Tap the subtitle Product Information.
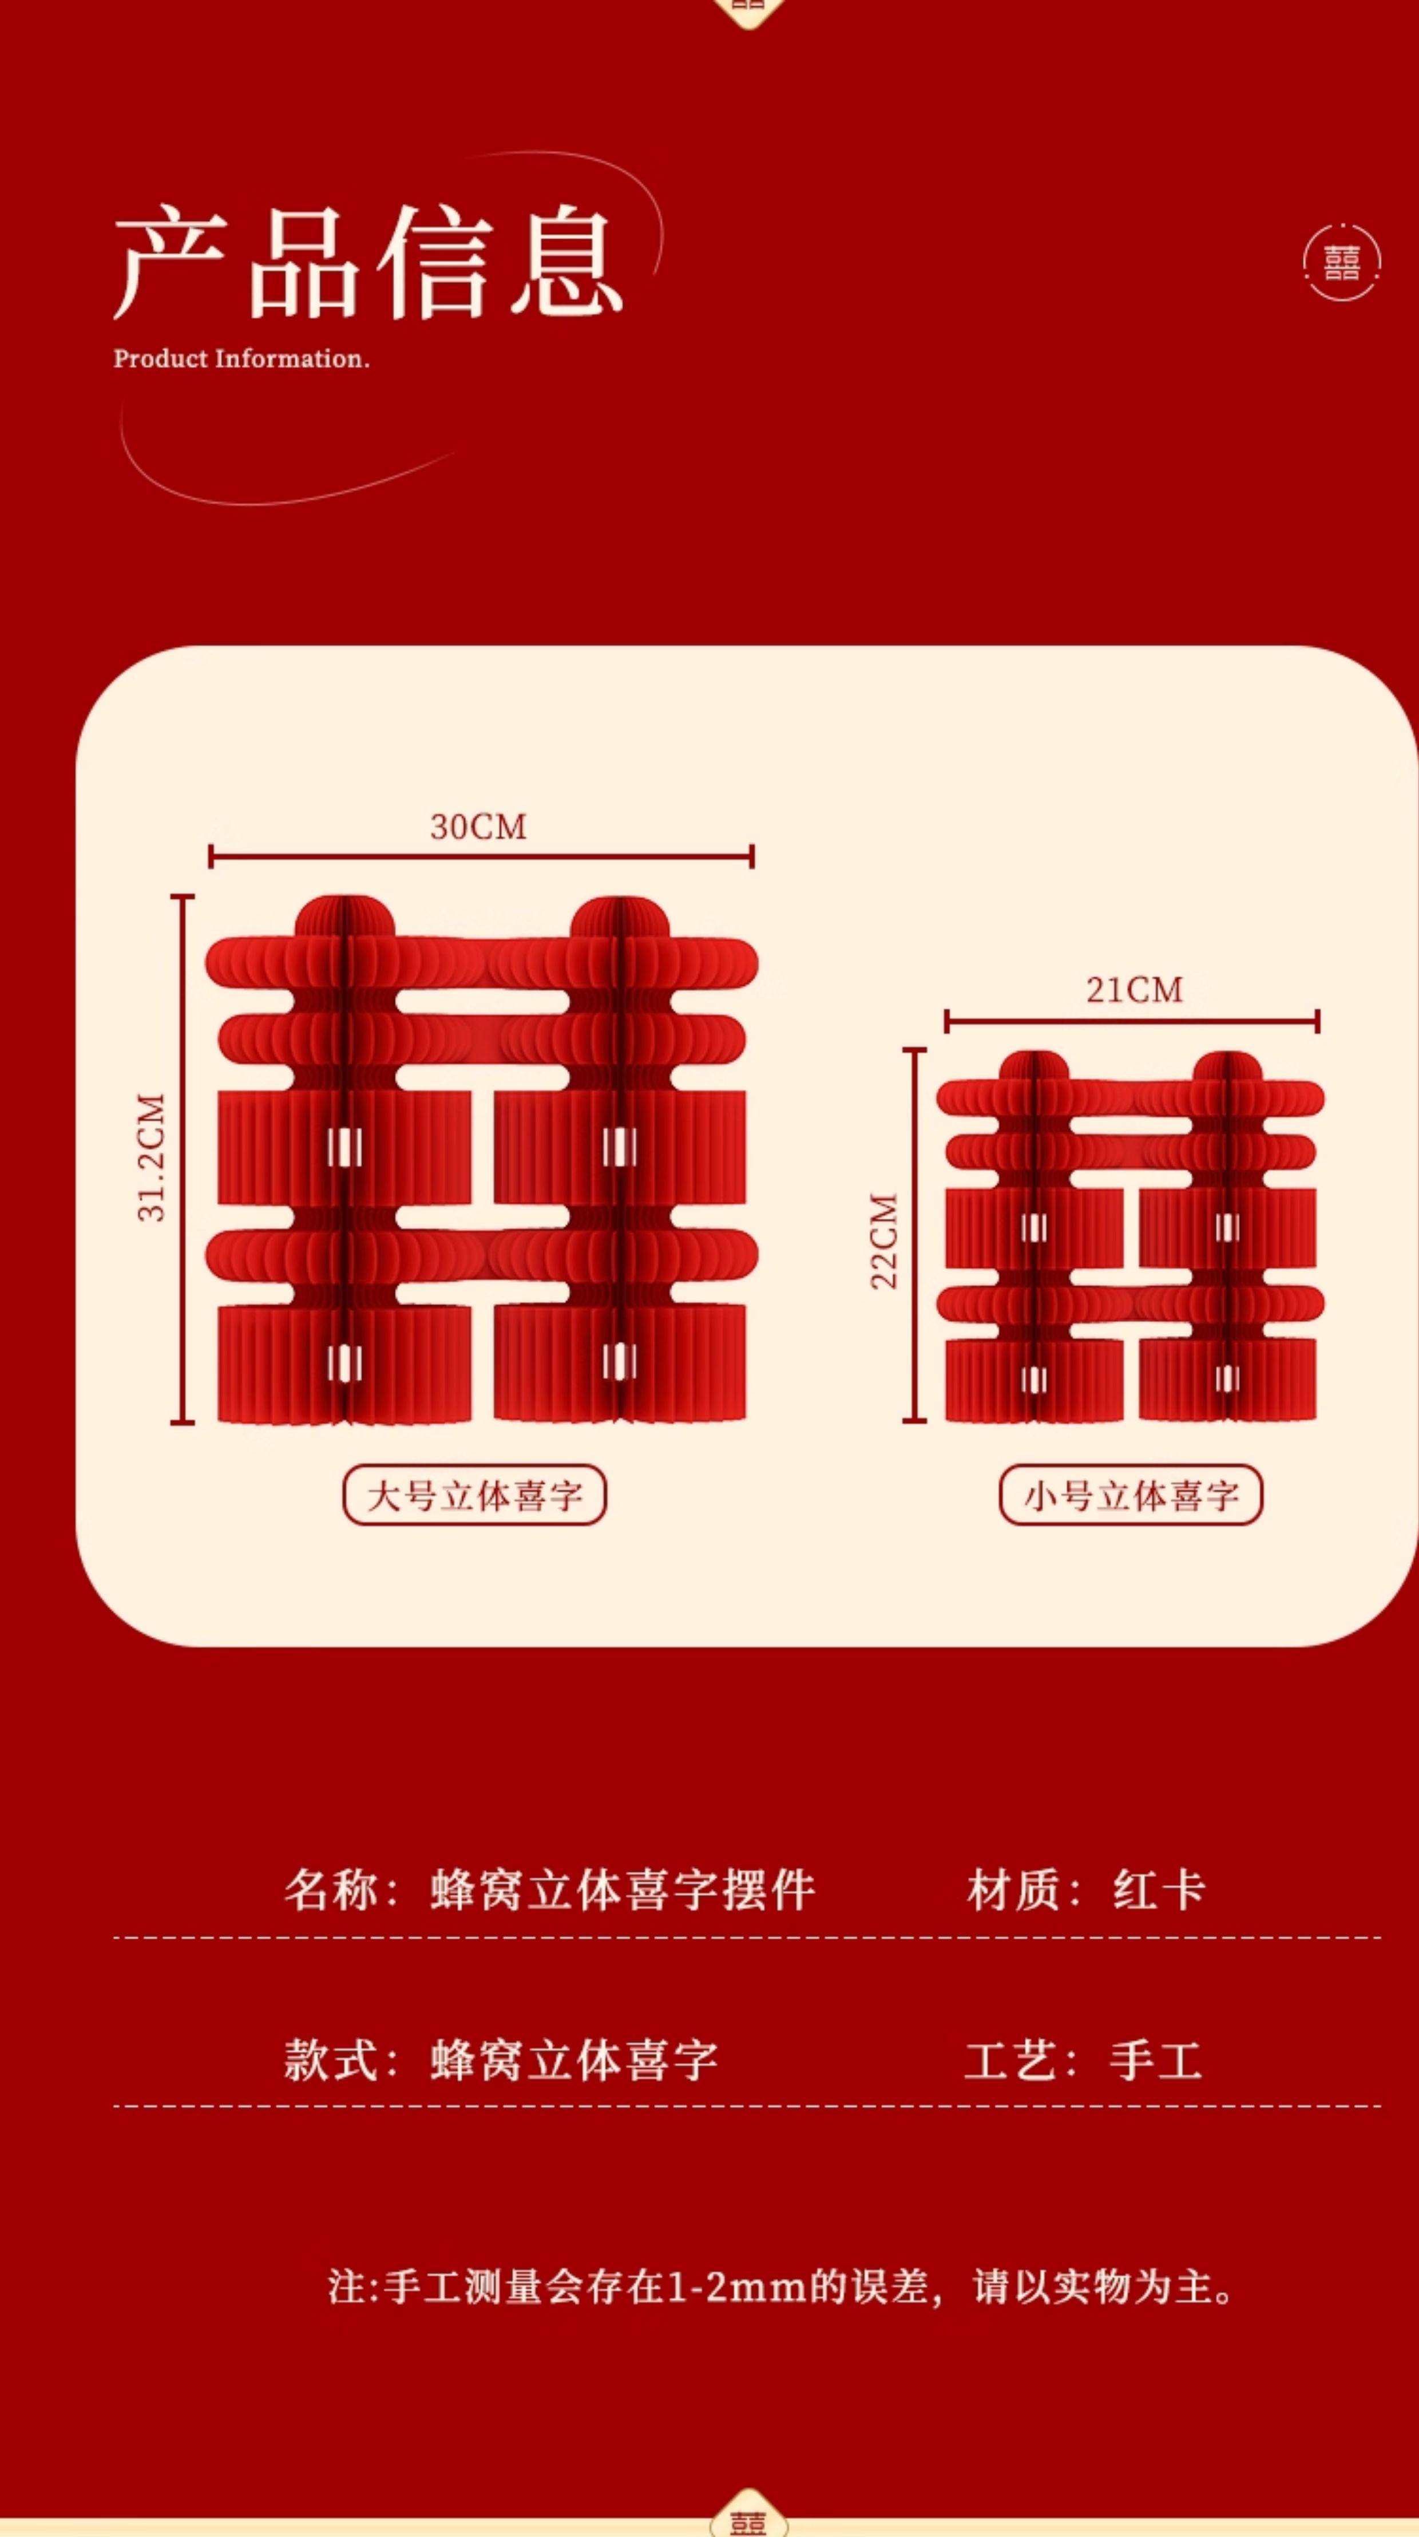[241, 358]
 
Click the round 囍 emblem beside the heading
[1341, 262]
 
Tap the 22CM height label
[884, 1241]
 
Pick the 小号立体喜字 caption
[1131, 1495]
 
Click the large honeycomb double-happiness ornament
[482, 1162]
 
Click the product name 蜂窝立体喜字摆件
[623, 1890]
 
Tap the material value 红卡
[1159, 1890]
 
